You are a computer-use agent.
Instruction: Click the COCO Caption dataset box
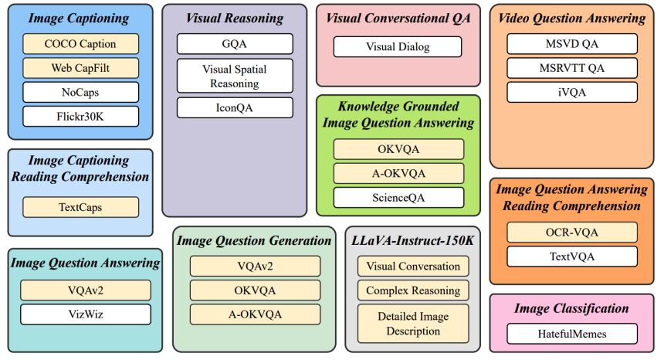tap(80, 44)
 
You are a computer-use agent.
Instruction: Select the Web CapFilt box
tap(80, 68)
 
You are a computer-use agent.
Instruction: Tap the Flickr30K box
tap(80, 117)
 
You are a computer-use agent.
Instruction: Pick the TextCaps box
tap(80, 207)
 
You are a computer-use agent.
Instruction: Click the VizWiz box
tap(85, 314)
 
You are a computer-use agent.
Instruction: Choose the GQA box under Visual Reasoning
tap(235, 44)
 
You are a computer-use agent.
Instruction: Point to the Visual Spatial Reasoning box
tap(235, 76)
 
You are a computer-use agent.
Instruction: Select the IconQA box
tap(235, 107)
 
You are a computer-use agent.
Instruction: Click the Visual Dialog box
tap(398, 47)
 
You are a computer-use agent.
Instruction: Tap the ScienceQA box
tap(398, 198)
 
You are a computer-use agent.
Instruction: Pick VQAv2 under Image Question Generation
tap(255, 267)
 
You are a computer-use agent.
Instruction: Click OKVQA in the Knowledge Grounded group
tap(398, 149)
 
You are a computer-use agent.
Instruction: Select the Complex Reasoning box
tap(413, 290)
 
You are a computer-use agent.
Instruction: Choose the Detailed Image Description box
tap(413, 324)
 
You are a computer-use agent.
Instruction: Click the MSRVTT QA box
tap(572, 68)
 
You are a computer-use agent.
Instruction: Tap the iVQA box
tap(572, 92)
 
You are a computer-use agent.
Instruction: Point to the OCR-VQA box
tap(572, 233)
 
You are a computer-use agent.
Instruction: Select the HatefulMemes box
tap(572, 334)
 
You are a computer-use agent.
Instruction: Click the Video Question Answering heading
tap(572, 18)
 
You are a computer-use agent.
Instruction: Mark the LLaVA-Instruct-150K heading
tap(413, 240)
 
